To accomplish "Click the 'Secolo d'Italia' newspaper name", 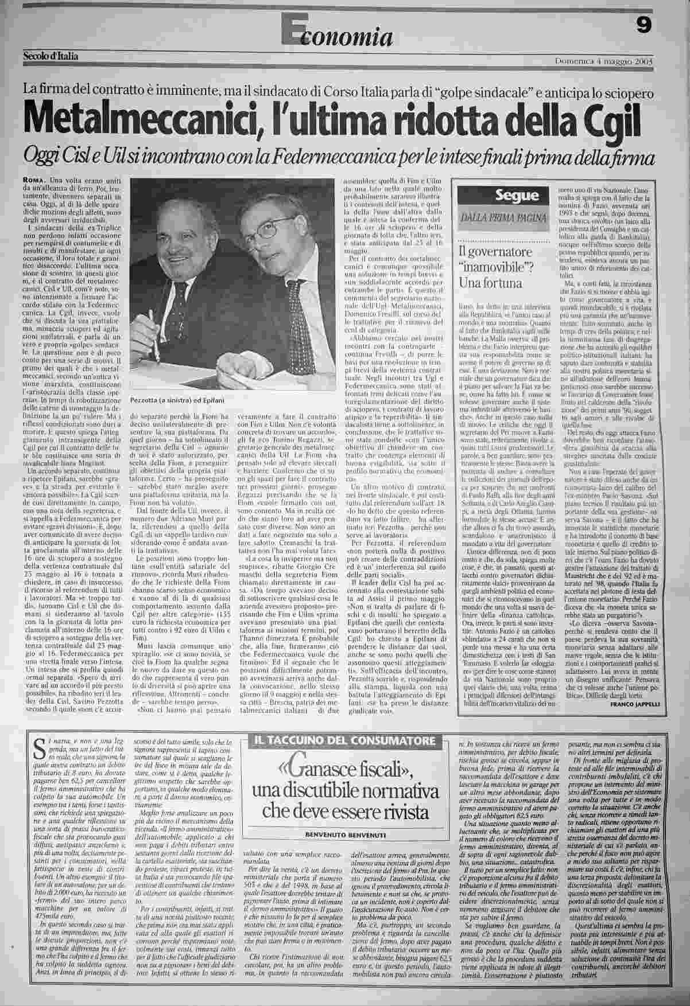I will tap(51, 56).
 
